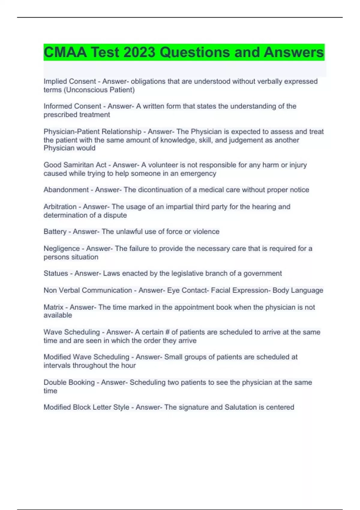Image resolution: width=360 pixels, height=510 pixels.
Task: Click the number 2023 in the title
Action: click(x=139, y=52)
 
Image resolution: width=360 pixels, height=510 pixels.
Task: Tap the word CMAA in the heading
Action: click(x=65, y=52)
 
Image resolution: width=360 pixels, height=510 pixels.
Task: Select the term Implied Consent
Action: click(x=70, y=81)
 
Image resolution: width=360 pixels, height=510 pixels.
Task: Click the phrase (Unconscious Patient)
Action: click(x=99, y=90)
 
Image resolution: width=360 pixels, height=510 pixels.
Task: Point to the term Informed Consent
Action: click(x=72, y=106)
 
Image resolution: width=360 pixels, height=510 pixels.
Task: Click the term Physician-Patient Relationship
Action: click(x=92, y=132)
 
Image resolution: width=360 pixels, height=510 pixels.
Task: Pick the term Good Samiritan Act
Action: click(x=75, y=165)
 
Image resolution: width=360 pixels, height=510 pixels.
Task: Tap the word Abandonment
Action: click(x=66, y=190)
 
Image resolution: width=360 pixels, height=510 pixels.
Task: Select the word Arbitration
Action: click(x=60, y=207)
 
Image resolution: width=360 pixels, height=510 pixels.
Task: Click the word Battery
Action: click(x=55, y=232)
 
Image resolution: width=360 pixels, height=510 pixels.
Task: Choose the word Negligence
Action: click(x=61, y=248)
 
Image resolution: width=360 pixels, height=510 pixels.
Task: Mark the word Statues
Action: click(x=56, y=273)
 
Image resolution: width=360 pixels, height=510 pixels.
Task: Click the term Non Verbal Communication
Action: click(x=88, y=290)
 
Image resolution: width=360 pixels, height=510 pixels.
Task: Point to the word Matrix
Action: click(x=53, y=307)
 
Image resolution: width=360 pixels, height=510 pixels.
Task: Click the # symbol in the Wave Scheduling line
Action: click(x=167, y=332)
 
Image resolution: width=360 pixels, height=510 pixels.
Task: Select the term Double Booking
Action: click(x=69, y=382)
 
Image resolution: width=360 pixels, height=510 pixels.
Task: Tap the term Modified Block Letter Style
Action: click(x=86, y=407)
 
